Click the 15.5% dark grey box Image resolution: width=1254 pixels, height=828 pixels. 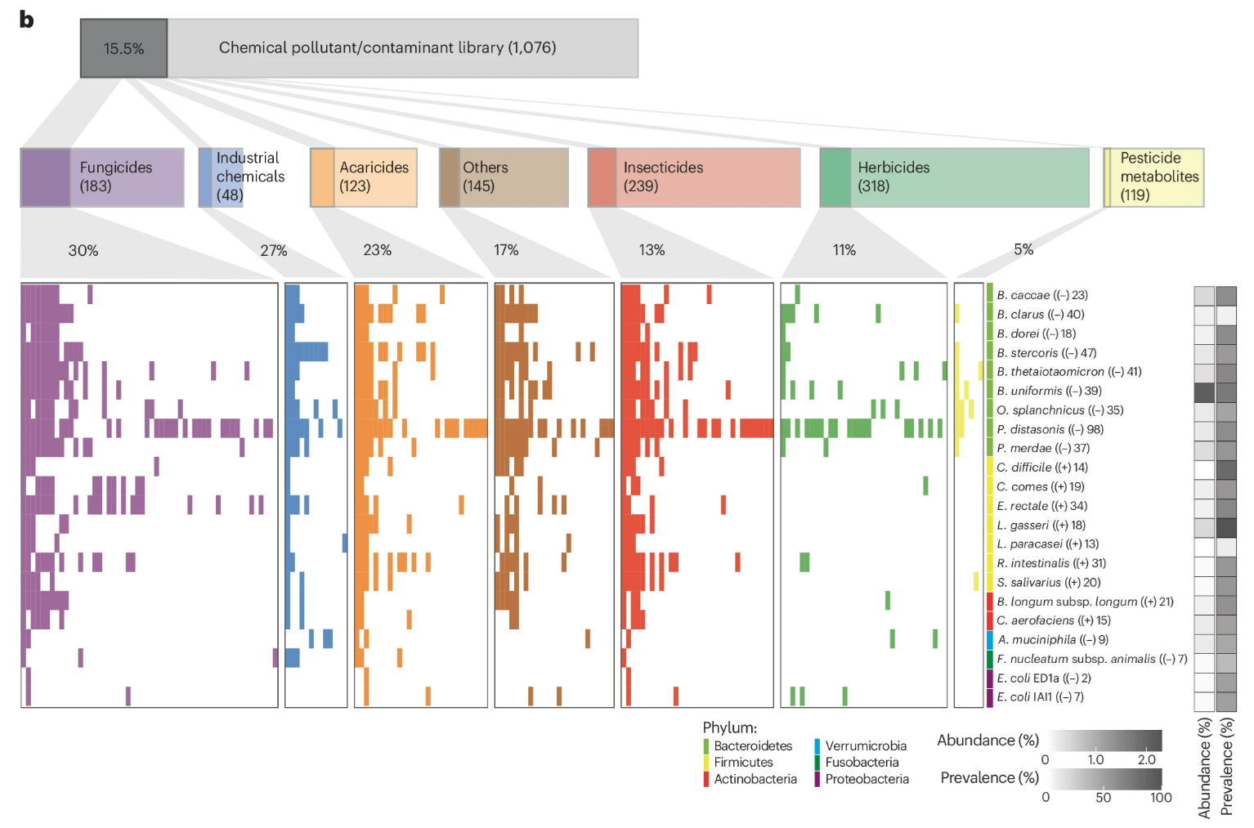tap(123, 49)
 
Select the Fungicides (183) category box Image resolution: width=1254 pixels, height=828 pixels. tap(102, 177)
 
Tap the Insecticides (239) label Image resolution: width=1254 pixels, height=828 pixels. tap(663, 177)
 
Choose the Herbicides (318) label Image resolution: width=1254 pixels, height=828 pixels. tap(893, 177)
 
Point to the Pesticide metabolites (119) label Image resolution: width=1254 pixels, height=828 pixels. tap(1158, 177)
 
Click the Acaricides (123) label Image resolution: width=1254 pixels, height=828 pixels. tap(374, 177)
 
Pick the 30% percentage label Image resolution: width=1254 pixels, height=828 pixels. tap(83, 251)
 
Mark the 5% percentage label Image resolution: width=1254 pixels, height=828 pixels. tap(1023, 250)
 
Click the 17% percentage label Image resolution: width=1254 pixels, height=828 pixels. tap(506, 250)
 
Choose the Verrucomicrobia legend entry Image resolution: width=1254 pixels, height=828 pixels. tap(866, 746)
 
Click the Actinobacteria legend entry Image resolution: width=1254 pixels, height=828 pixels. tap(755, 779)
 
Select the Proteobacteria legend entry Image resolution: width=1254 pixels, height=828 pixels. tap(867, 779)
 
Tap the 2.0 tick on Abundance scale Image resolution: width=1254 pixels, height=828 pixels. tap(1146, 759)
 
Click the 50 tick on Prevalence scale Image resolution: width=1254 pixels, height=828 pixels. tap(1103, 798)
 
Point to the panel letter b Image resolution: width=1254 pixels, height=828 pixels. tap(26, 20)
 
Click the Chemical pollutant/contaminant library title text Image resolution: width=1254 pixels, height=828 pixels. tap(387, 48)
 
